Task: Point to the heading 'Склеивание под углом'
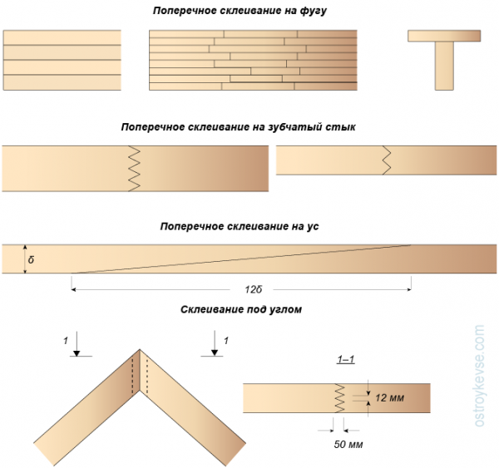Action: [240, 309]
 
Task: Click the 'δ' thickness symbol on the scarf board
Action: [30, 259]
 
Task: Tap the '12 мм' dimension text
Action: [390, 399]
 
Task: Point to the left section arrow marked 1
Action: [76, 344]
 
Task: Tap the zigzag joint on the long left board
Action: [134, 169]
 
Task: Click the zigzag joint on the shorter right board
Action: [387, 160]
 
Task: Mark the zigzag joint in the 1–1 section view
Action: [338, 398]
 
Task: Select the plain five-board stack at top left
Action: [62, 60]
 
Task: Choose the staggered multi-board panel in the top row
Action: [253, 60]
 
